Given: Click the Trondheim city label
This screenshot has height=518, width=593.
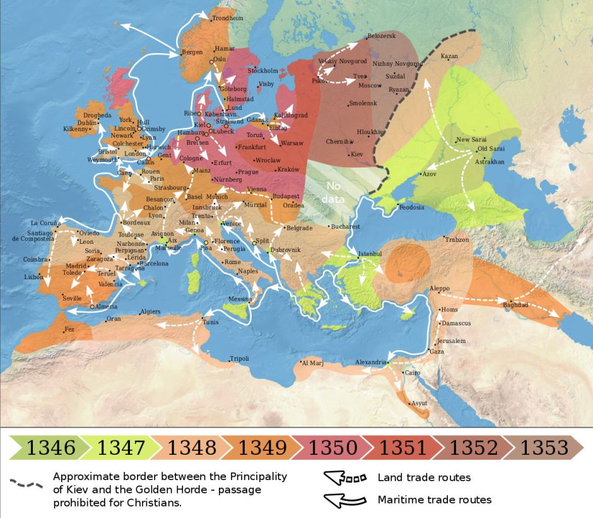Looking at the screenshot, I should pos(227,18).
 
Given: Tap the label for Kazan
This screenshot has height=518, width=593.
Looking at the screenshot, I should pos(449,56).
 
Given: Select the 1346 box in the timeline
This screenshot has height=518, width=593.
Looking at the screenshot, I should pos(50,448).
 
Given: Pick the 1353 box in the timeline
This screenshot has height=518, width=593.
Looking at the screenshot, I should pos(544,448).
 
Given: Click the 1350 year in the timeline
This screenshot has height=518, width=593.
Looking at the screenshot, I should pos(332,448).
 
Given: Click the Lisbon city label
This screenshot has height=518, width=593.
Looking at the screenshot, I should pos(33,277).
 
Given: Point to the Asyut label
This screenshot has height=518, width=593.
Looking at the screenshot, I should pos(419,403).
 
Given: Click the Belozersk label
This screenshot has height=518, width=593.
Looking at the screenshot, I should pos(381,36).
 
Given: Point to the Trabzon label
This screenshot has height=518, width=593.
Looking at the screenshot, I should pos(457,240).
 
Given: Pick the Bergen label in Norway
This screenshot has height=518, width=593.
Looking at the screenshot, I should pos(192,52).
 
